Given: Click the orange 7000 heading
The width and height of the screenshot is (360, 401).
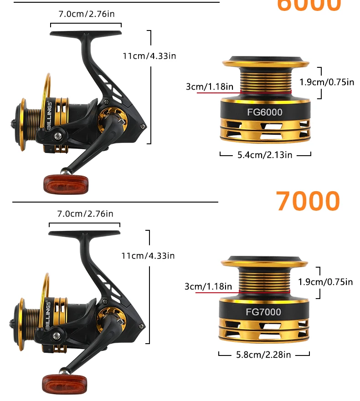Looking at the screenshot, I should [x=308, y=201].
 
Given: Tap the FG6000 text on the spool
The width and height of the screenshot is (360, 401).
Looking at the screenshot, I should [x=265, y=112].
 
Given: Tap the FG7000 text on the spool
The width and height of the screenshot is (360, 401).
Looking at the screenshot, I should [x=263, y=312].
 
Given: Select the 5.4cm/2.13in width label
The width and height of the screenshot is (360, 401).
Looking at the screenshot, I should [x=265, y=155].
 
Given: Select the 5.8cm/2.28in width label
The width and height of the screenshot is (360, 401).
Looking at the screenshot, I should [x=264, y=354].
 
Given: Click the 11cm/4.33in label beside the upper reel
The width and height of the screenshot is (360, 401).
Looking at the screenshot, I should [x=149, y=56].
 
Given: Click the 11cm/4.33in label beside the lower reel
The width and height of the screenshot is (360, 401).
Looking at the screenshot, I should [x=148, y=256].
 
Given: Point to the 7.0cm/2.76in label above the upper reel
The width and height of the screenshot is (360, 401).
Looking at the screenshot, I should [x=86, y=14].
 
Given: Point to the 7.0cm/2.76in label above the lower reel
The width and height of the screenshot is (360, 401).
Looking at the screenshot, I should [x=85, y=213].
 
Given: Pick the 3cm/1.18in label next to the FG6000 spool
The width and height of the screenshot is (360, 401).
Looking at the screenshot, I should [x=210, y=86].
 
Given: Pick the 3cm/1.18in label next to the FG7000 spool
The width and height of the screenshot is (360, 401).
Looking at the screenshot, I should [x=208, y=286].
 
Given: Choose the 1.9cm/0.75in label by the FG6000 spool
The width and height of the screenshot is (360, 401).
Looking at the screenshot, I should [x=326, y=82].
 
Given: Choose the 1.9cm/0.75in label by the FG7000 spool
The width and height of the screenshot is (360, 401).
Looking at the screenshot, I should [x=325, y=282].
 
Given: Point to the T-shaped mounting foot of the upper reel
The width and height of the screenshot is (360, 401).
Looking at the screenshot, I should [x=86, y=34].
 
